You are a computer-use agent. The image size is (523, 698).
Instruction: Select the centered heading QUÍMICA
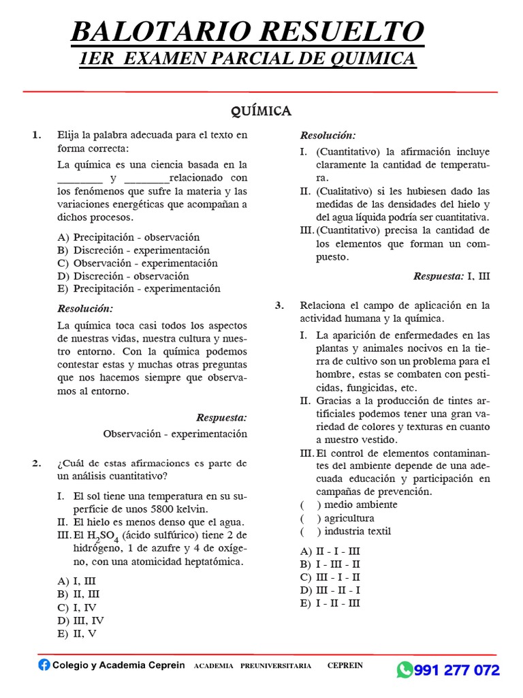(261, 111)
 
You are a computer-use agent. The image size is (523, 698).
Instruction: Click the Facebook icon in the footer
(44, 665)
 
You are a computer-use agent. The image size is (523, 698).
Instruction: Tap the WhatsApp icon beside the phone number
(405, 670)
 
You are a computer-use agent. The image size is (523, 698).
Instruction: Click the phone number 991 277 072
(457, 670)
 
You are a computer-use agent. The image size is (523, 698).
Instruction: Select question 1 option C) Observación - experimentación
(138, 263)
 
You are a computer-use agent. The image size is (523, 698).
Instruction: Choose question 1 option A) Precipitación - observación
(129, 237)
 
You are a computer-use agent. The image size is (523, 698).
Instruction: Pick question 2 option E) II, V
(78, 633)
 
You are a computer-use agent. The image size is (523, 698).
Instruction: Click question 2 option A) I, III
(76, 581)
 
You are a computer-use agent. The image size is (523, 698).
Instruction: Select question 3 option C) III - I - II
(330, 577)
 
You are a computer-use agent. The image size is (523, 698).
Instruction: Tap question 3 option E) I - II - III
(330, 603)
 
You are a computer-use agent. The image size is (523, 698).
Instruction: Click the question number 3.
(279, 305)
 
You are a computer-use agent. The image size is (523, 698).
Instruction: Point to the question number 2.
(37, 464)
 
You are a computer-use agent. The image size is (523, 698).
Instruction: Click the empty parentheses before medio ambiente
(311, 505)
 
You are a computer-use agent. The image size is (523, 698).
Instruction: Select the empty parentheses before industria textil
(311, 531)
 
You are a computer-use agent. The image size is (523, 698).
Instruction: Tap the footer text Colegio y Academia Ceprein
(118, 665)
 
